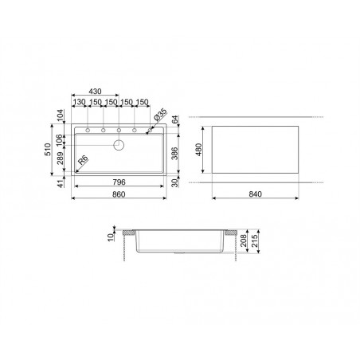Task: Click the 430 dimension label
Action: point(95,92)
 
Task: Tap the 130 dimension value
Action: point(79,102)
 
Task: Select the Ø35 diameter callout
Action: point(160,115)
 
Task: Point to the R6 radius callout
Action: point(84,159)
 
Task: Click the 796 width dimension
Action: point(119,182)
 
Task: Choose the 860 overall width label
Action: point(119,194)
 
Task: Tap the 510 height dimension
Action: point(48,150)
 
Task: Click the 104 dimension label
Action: point(61,115)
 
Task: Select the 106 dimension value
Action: point(60,139)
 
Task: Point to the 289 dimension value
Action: point(61,158)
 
